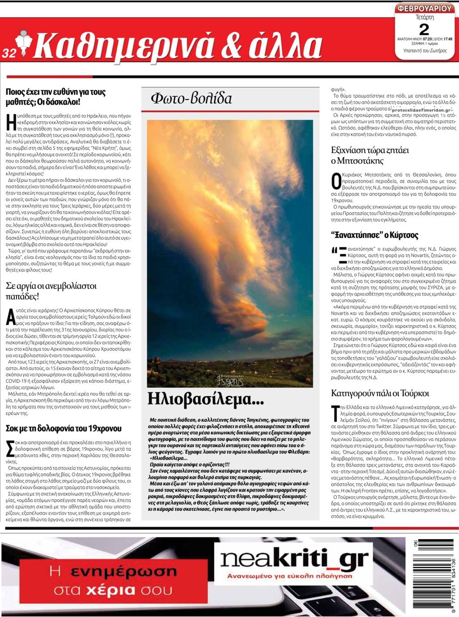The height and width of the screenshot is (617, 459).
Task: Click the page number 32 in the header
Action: pyautogui.click(x=9, y=53)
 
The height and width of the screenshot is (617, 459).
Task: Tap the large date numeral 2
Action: pyautogui.click(x=424, y=29)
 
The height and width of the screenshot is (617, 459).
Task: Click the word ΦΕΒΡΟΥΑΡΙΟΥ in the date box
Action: pyautogui.click(x=425, y=9)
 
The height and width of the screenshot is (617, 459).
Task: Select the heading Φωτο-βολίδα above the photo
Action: pyautogui.click(x=191, y=98)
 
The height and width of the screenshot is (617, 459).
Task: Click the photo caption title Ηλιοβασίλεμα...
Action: pyautogui.click(x=205, y=398)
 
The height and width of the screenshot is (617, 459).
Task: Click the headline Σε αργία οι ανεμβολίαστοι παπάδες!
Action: pyautogui.click(x=51, y=291)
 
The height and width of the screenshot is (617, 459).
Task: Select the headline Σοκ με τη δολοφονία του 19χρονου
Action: pyautogui.click(x=63, y=428)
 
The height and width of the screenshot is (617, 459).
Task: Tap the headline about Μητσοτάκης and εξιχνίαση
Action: pyautogui.click(x=370, y=155)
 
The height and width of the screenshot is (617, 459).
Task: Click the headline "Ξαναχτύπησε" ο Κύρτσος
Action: pyautogui.click(x=375, y=235)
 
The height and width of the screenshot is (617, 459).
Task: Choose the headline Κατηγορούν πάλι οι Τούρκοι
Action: pyautogui.click(x=380, y=393)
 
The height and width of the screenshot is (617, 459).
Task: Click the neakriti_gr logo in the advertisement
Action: pyautogui.click(x=295, y=559)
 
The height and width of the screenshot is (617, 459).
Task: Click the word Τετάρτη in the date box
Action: pyautogui.click(x=425, y=18)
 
